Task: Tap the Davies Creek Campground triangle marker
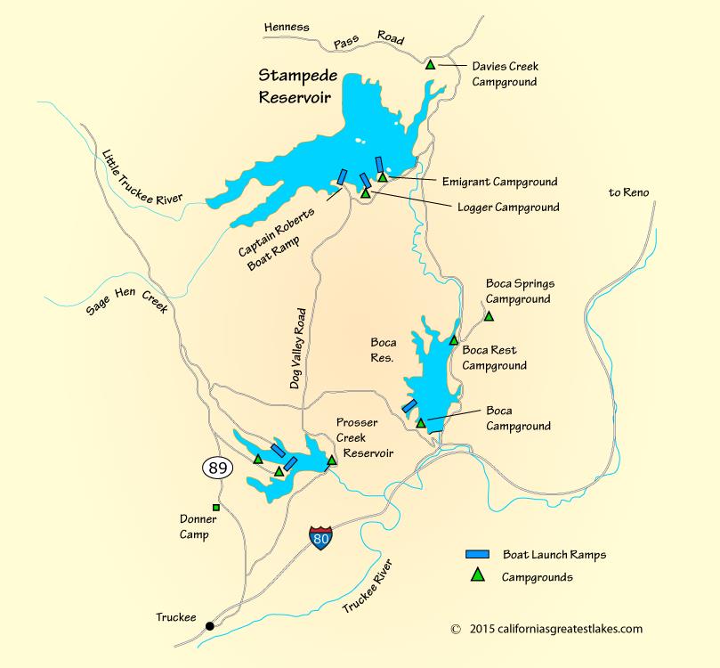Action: (x=430, y=64)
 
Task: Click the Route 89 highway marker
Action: (x=215, y=467)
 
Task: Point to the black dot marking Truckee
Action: (x=209, y=625)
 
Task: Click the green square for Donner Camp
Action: (x=215, y=508)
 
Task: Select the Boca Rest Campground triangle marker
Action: (x=453, y=339)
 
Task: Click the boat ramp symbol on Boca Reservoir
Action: (x=410, y=405)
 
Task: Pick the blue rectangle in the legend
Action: (x=477, y=554)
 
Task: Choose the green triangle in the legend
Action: (x=477, y=576)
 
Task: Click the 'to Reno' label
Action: (x=628, y=192)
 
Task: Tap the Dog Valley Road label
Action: (x=299, y=348)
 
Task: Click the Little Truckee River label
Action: (x=142, y=175)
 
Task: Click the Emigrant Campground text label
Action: (x=499, y=182)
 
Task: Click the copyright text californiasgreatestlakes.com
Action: (x=546, y=629)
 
